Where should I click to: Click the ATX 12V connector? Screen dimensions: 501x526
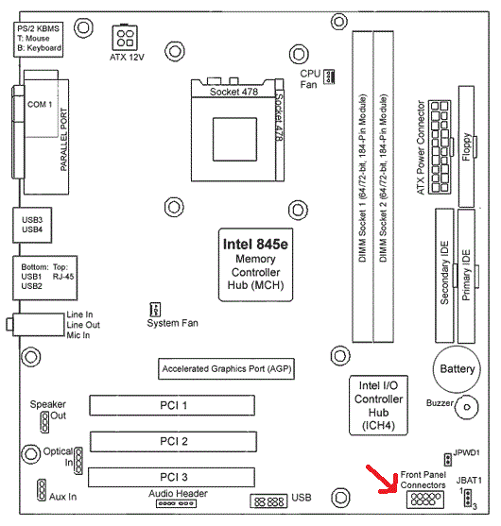[125, 38]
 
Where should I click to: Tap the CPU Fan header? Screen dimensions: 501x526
[329, 76]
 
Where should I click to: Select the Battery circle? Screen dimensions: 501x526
[457, 369]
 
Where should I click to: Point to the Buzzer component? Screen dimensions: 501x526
[466, 407]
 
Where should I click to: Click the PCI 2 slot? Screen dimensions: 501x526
[173, 441]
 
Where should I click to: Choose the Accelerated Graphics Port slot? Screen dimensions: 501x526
[226, 368]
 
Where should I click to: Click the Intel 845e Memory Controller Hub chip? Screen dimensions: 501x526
[255, 264]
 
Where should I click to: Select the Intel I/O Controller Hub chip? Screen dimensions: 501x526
[378, 405]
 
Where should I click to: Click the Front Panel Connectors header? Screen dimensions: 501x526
[425, 500]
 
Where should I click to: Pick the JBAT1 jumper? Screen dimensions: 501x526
[468, 498]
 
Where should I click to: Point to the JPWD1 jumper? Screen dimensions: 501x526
[447, 460]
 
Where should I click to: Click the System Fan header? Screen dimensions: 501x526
[155, 310]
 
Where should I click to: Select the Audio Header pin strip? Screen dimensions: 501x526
[176, 503]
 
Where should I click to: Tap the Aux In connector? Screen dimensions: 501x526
[42, 490]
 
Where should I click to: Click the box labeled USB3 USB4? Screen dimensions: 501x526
[32, 225]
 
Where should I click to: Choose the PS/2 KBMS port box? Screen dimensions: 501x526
[38, 40]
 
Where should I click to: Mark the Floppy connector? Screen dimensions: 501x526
[466, 146]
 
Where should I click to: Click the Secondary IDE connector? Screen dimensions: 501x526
[444, 276]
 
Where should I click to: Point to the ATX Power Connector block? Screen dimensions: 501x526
[440, 147]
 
